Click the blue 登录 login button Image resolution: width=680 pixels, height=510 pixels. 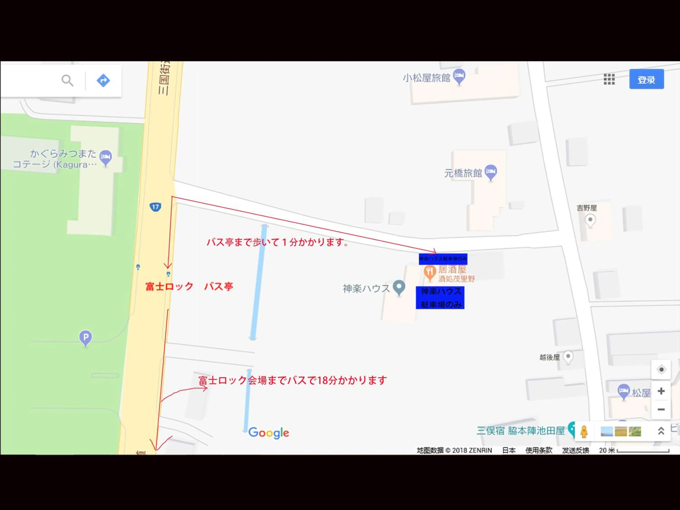[x=646, y=79]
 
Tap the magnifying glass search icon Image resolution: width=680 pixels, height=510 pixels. [x=67, y=80]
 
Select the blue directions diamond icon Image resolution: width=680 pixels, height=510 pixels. [x=103, y=80]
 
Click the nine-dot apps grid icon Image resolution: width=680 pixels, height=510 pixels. [x=609, y=79]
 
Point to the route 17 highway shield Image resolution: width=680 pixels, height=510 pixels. [x=155, y=207]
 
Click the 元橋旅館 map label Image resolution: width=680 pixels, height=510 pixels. [x=463, y=173]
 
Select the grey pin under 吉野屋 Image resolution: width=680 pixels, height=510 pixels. [x=590, y=220]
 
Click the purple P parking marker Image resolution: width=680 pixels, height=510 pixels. [x=85, y=337]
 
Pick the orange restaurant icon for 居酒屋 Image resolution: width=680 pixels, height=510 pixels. [x=430, y=272]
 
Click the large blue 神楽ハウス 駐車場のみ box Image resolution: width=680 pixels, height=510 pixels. [x=440, y=298]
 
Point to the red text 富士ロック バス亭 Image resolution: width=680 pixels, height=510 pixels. [x=189, y=287]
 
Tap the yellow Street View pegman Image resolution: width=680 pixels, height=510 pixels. [x=584, y=431]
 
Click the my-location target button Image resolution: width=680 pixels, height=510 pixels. [x=661, y=369]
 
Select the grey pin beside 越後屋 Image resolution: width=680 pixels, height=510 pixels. [x=568, y=357]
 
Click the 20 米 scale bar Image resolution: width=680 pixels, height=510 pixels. [x=643, y=451]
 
